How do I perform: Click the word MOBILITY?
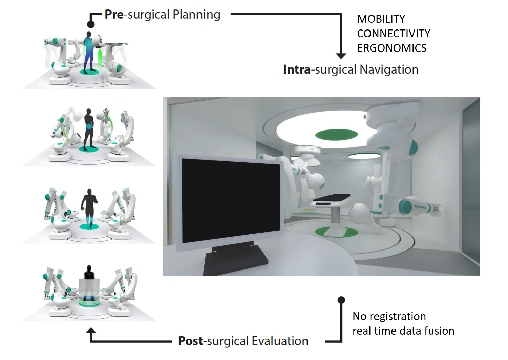[381, 19]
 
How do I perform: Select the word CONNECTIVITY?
[394, 34]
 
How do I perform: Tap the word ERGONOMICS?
[392, 48]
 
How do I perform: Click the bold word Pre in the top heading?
[114, 15]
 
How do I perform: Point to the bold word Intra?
[297, 69]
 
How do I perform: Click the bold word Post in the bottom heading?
[191, 341]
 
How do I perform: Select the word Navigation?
[389, 69]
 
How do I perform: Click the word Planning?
[196, 15]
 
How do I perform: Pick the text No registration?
[389, 316]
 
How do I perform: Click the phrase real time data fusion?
[403, 331]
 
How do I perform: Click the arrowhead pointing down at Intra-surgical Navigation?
[341, 56]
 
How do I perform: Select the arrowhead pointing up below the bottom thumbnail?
[91, 331]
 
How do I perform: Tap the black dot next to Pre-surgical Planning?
[91, 24]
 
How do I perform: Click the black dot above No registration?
[341, 300]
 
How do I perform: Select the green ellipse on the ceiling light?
[336, 135]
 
